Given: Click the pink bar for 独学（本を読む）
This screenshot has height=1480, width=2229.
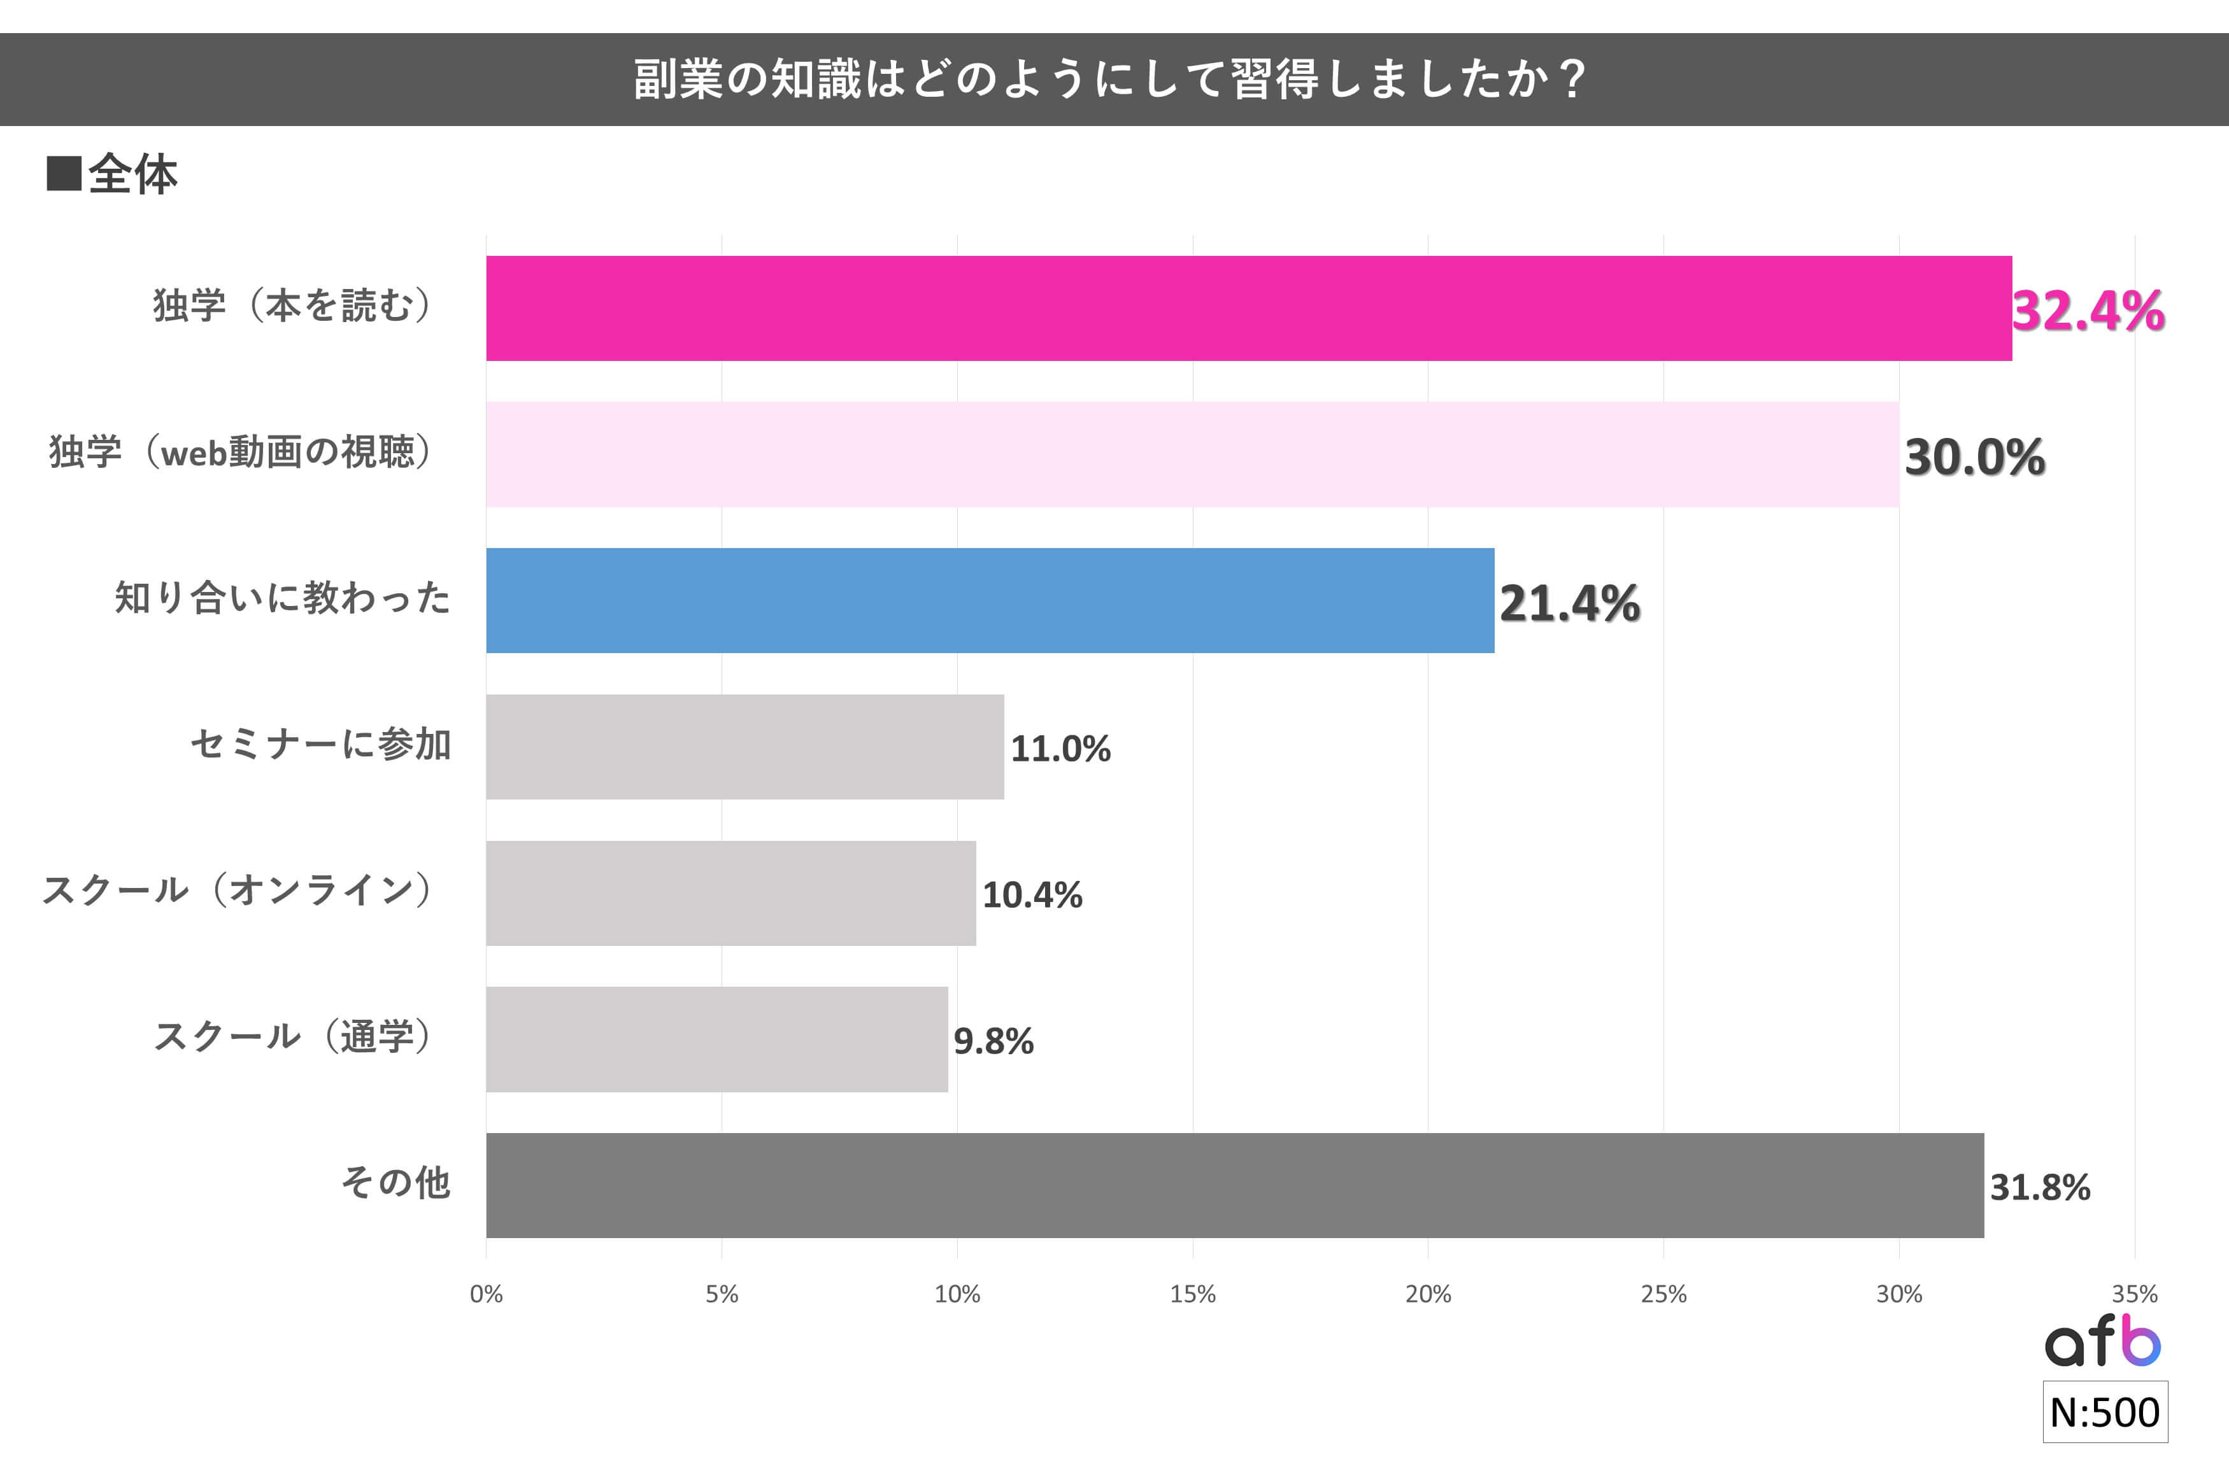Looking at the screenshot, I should coord(1248,309).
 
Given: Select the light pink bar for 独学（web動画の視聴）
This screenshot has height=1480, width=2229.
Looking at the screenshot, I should coord(1192,455).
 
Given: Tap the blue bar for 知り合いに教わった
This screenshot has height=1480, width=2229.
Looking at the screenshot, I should coord(990,600).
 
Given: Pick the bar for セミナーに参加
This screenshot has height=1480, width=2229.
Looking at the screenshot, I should coord(745,747).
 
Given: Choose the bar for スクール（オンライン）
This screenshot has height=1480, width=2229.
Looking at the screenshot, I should coord(730,893).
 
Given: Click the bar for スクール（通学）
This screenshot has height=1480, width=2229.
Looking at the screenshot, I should coord(716,1040).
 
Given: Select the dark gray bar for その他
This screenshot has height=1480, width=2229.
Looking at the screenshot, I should coord(1235,1185).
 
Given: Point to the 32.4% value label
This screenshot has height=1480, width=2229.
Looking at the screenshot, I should coord(2088,311).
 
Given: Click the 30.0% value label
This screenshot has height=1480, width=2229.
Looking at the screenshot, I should coord(1974,457).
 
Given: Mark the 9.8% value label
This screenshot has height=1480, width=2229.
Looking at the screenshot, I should coord(993,1041).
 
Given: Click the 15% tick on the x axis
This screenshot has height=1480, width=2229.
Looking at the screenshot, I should coord(1192,1294).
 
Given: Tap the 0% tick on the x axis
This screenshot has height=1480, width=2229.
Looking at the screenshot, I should coord(486,1294).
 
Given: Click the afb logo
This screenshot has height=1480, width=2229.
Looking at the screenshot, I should coord(2102,1341).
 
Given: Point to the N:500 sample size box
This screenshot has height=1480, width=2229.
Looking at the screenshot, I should coord(2104,1412).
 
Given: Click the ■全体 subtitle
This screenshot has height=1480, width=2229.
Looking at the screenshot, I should coord(112,174).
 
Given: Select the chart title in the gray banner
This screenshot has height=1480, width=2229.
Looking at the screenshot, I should coord(1110,80).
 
